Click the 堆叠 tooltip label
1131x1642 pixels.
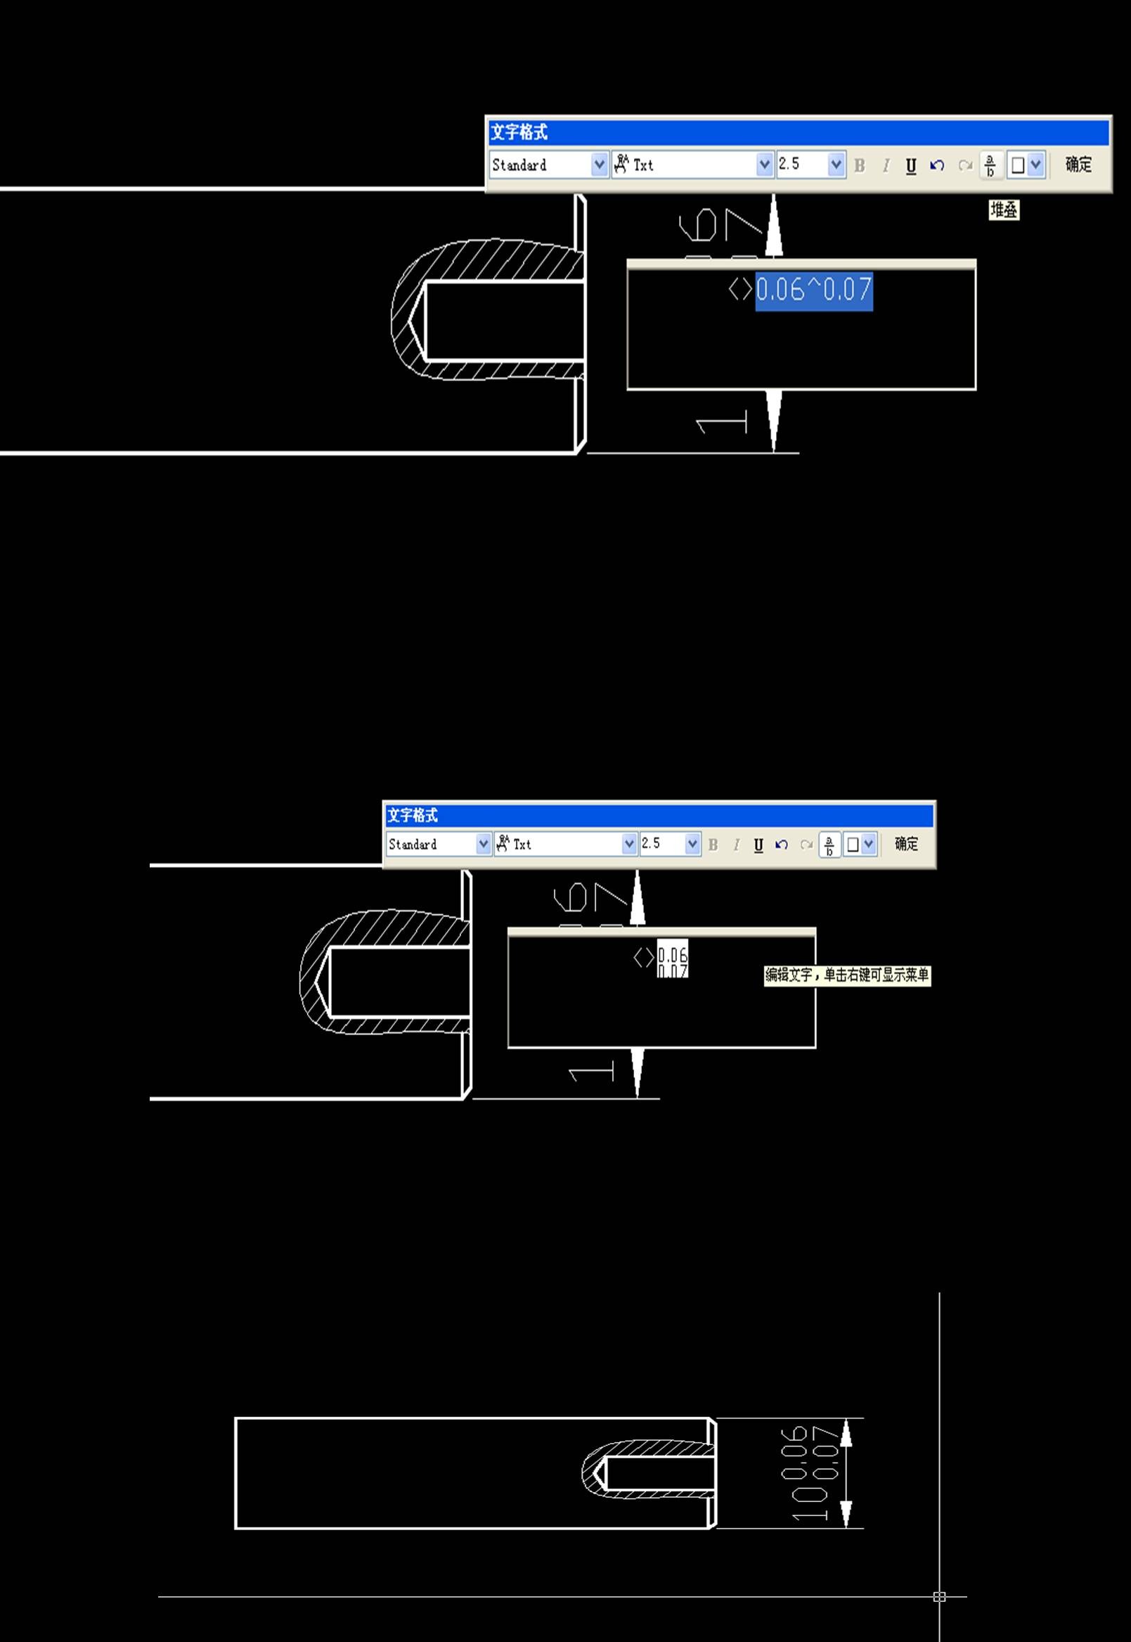(1004, 210)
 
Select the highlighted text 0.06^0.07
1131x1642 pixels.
(813, 290)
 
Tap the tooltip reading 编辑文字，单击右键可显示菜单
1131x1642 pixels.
(847, 975)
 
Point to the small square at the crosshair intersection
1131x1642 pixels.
(940, 1596)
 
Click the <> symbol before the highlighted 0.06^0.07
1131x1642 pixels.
(741, 289)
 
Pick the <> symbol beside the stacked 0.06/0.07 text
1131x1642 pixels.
(643, 958)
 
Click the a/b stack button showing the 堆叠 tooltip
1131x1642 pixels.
(990, 165)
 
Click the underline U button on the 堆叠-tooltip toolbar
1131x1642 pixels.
(910, 166)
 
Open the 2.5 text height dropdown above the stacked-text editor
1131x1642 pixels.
(692, 844)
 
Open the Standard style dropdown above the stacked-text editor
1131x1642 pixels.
(484, 844)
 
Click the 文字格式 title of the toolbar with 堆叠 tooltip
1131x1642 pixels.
(519, 133)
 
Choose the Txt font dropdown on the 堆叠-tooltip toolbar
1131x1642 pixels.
(764, 165)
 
